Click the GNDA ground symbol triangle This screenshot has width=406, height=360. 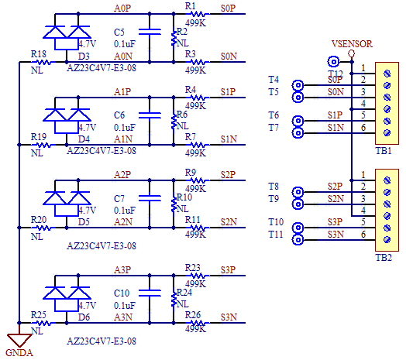pyautogui.click(x=19, y=340)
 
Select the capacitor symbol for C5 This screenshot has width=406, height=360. pyautogui.click(x=150, y=32)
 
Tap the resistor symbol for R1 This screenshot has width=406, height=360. pyautogui.click(x=198, y=14)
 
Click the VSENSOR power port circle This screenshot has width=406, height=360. pyautogui.click(x=351, y=53)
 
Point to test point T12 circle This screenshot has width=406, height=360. pyautogui.click(x=333, y=62)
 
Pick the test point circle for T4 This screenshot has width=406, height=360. pyautogui.click(x=298, y=85)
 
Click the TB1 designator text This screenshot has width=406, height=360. pyautogui.click(x=384, y=151)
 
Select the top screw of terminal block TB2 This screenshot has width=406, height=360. pyautogui.click(x=387, y=180)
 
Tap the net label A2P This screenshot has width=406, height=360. pyautogui.click(x=122, y=175)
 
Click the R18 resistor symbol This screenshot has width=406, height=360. pyautogui.click(x=43, y=62)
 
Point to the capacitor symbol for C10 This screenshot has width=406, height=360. pyautogui.click(x=150, y=293)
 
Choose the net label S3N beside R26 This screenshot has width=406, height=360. pyautogui.click(x=229, y=317)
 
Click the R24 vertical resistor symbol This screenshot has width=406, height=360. pyautogui.click(x=174, y=299)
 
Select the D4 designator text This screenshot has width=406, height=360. pyautogui.click(x=84, y=139)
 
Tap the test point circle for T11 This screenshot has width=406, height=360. pyautogui.click(x=298, y=240)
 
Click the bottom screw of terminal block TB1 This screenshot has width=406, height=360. pyautogui.click(x=387, y=133)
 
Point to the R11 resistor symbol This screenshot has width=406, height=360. pyautogui.click(x=198, y=228)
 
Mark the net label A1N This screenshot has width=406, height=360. pyautogui.click(x=123, y=139)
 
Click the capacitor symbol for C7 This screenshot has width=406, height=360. pyautogui.click(x=150, y=198)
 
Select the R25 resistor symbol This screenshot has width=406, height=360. pyautogui.click(x=43, y=323)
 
